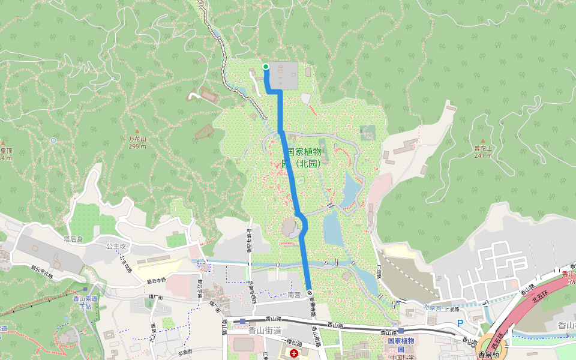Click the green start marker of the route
tap(266, 67)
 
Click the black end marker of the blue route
tap(310, 292)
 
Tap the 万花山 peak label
tap(137, 139)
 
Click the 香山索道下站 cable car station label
tap(85, 302)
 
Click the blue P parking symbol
tap(460, 323)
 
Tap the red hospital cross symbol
tap(293, 354)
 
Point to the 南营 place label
tap(294, 295)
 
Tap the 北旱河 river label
tap(431, 308)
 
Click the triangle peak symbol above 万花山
tap(137, 131)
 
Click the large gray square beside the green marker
tap(283, 75)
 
